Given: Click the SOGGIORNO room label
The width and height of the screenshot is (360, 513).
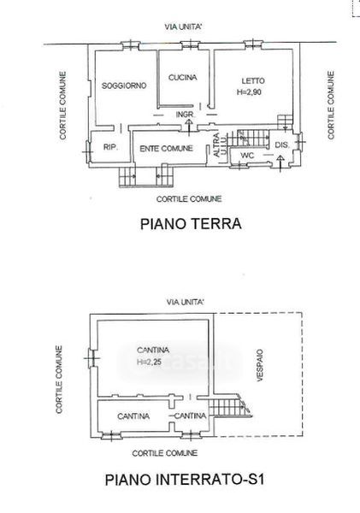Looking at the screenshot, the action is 124,85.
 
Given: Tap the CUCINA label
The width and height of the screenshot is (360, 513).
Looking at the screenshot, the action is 183,78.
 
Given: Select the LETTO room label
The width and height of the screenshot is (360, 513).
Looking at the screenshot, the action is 253,81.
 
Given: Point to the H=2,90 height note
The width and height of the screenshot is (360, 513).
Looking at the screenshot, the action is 249,92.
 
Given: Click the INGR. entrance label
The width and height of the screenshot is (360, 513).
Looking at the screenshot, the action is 186,115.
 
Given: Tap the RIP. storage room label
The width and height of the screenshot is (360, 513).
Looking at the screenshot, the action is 110,147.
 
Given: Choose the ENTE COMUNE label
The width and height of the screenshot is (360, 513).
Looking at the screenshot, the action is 166,149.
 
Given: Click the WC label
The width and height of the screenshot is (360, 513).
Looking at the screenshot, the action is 247,156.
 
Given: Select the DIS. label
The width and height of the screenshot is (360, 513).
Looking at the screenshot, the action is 282,145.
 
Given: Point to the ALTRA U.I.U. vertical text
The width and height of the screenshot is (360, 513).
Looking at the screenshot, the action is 219,144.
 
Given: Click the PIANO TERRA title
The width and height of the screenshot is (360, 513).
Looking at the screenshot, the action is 191,224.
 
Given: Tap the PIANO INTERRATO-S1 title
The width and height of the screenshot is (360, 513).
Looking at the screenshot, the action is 184,480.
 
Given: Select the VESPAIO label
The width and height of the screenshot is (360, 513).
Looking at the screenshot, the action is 260,365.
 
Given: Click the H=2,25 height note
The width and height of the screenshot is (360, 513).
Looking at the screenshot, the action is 150,363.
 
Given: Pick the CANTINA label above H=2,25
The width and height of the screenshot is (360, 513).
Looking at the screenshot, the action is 153,350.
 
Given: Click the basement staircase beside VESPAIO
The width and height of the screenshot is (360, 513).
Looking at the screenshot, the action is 230,405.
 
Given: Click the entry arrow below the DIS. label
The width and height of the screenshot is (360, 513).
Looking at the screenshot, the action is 280,163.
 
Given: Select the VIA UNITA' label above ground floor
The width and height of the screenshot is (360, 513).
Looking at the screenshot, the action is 183,27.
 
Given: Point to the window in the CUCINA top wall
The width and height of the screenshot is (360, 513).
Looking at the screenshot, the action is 190,44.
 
